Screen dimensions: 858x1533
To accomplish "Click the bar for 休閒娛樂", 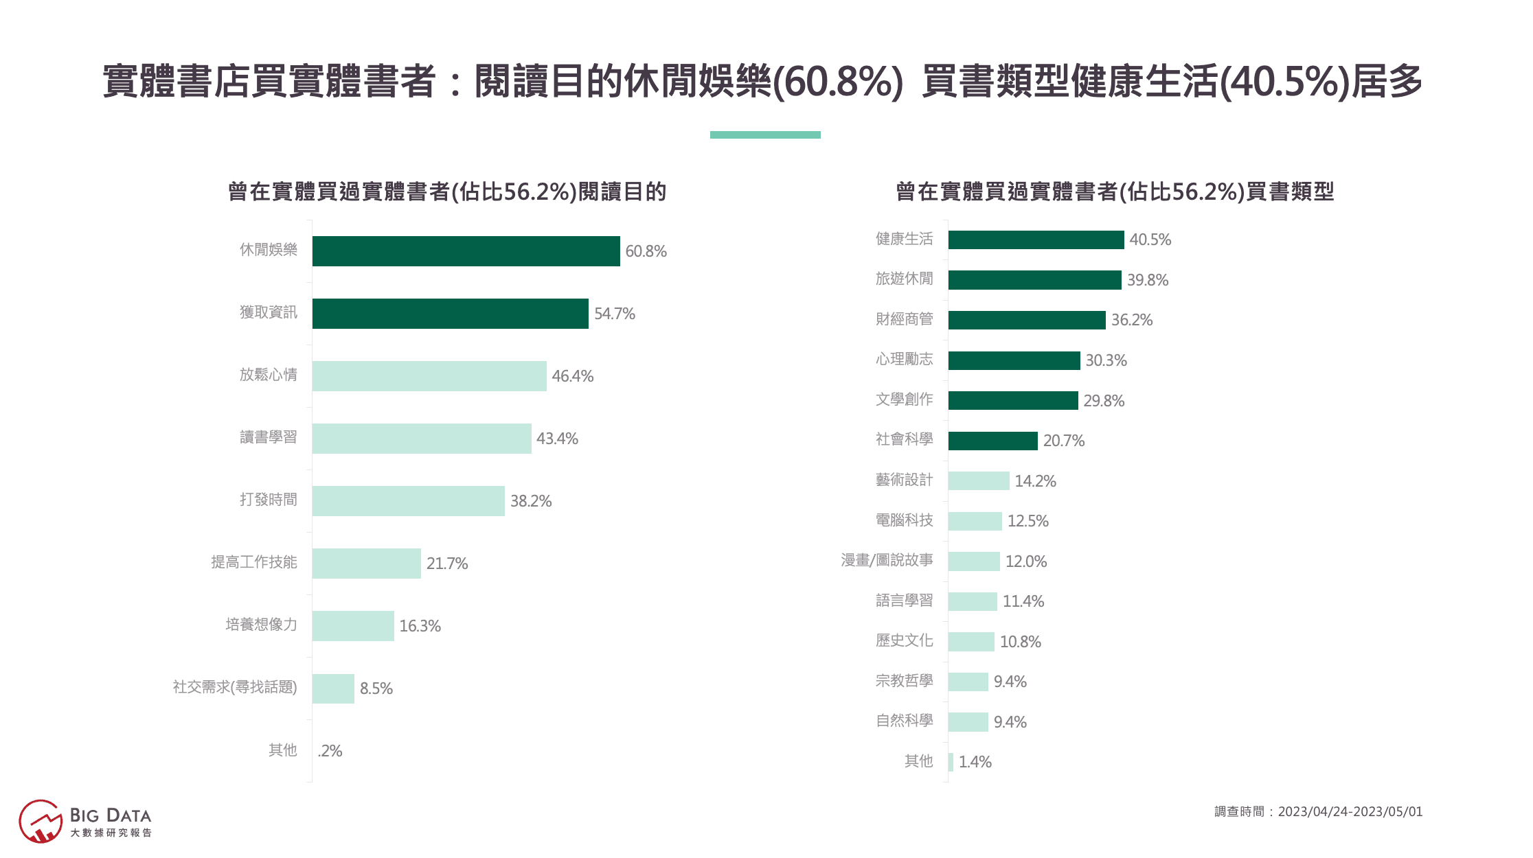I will [466, 251].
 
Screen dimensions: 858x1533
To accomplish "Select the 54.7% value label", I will [614, 314].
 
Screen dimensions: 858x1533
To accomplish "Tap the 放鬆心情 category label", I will [269, 375].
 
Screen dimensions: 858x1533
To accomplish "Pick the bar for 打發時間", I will [408, 501].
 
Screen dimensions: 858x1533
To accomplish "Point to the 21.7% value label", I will [446, 564].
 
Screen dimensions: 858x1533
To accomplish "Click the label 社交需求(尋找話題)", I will [235, 687].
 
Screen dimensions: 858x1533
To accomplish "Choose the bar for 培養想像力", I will [353, 626].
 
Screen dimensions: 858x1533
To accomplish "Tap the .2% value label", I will [330, 751].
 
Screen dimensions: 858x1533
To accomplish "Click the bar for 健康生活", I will [1036, 240].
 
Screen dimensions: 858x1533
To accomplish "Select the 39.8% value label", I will [1147, 280].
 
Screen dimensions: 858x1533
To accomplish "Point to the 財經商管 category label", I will [904, 319].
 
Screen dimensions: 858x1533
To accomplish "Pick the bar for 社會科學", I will [992, 441].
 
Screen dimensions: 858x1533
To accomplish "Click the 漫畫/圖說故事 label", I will [887, 561].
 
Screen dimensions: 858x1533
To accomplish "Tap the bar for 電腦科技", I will [975, 521].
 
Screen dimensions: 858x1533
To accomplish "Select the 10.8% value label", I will [1020, 642].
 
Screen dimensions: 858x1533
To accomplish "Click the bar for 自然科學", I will [968, 722].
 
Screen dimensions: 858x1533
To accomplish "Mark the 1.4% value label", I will [975, 762].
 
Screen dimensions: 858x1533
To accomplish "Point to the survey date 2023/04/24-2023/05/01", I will [1350, 812].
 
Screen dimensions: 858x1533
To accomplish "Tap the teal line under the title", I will [765, 135].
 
